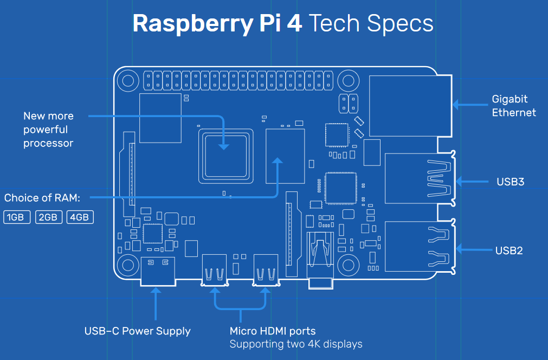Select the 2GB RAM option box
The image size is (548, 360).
pos(48,217)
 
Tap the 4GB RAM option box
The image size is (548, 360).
pos(80,217)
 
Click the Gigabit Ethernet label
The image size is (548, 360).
pos(513,106)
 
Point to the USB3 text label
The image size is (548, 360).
pos(510,182)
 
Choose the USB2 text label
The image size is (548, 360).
pos(508,250)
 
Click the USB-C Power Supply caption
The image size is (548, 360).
pos(137,331)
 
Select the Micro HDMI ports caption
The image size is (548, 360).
pos(272,331)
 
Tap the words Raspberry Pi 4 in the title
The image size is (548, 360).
pos(217,23)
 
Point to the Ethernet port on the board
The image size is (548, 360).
pos(410,106)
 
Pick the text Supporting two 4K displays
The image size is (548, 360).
pos(295,344)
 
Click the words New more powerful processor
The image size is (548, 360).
pos(48,130)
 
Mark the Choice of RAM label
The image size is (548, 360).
pos(42,198)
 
